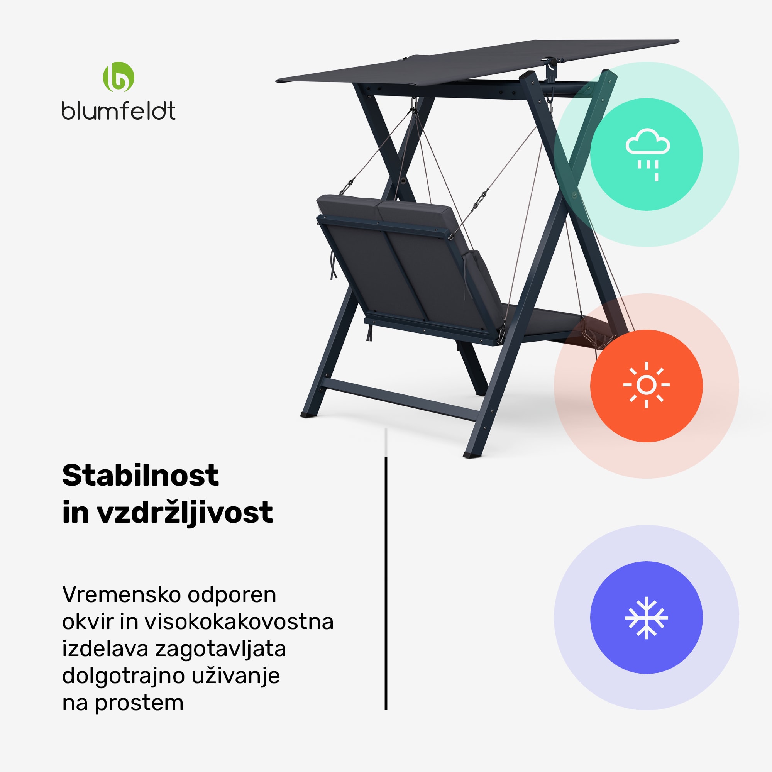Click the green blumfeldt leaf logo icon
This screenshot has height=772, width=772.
[118, 77]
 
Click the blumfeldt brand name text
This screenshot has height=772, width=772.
[118, 111]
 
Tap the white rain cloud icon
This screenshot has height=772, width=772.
[647, 154]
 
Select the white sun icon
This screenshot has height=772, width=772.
[646, 385]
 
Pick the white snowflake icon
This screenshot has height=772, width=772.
[646, 617]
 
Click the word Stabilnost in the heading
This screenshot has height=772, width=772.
[140, 476]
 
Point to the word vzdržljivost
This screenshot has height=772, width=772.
[185, 512]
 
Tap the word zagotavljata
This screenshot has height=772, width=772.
[220, 648]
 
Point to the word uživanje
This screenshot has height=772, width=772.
[235, 676]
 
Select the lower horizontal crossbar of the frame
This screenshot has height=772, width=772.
[400, 400]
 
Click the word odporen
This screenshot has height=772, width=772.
[232, 594]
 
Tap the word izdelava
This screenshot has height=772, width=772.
[105, 648]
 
